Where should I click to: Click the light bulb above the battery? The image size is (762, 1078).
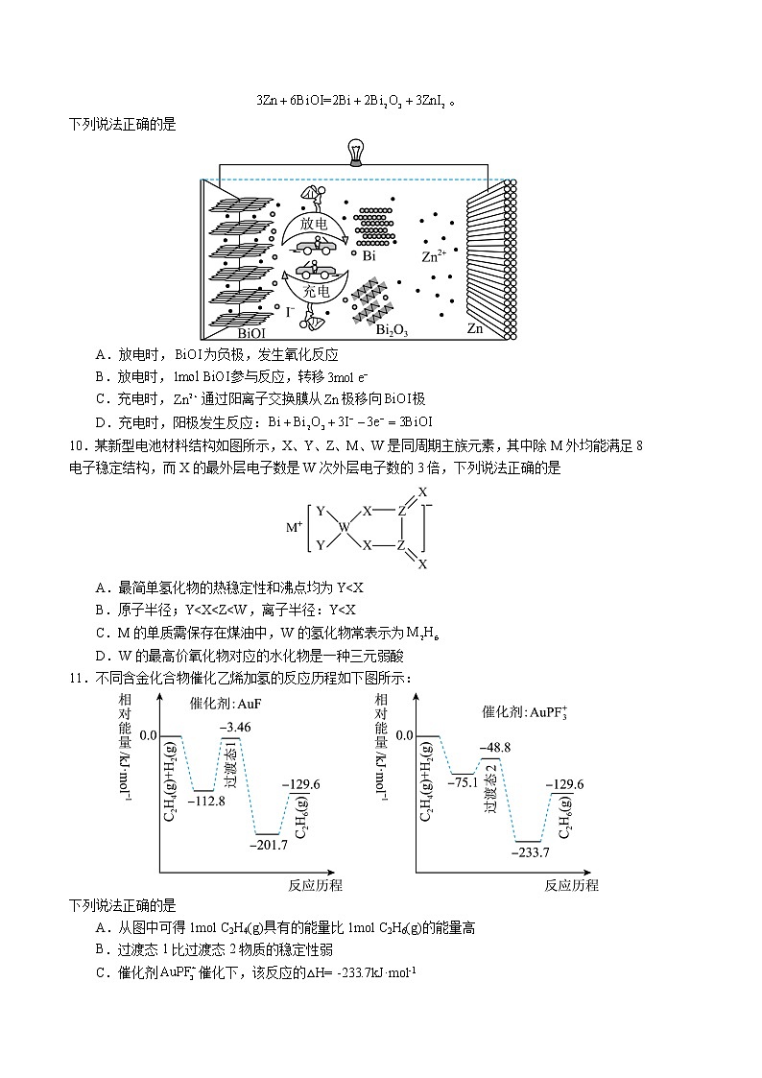pyautogui.click(x=354, y=152)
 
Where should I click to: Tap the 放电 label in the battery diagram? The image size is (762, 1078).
pyautogui.click(x=314, y=223)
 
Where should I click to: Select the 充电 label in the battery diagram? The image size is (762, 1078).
pyautogui.click(x=316, y=290)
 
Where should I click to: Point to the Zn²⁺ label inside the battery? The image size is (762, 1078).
pyautogui.click(x=434, y=257)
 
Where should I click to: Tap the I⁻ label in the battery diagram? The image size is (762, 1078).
pyautogui.click(x=291, y=312)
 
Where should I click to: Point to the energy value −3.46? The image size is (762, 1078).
pyautogui.click(x=235, y=728)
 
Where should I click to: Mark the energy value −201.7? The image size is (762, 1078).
pyautogui.click(x=266, y=845)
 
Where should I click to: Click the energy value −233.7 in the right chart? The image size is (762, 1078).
pyautogui.click(x=530, y=851)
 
